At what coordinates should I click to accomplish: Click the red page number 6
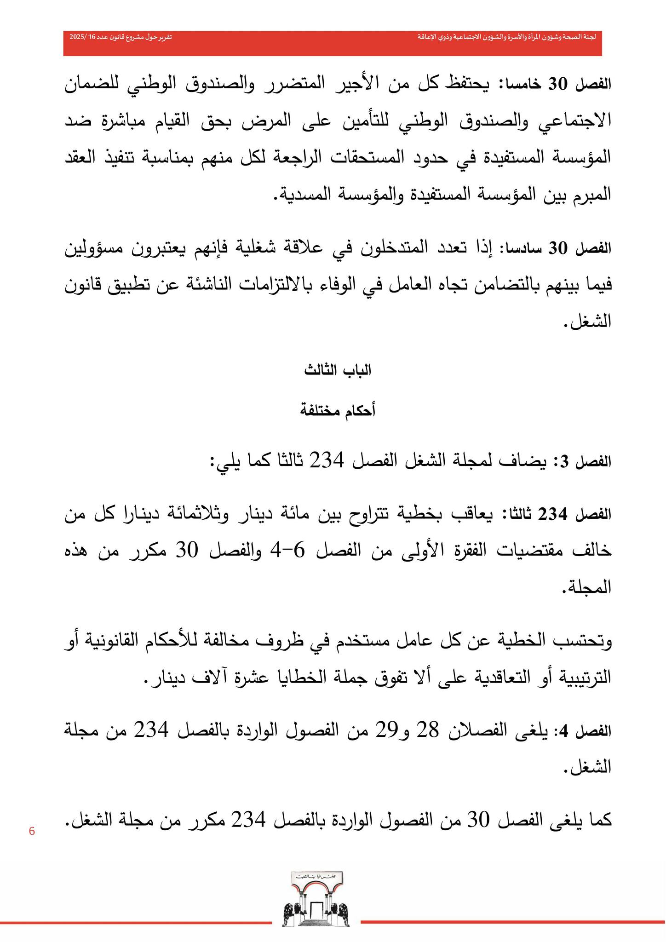(32, 831)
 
